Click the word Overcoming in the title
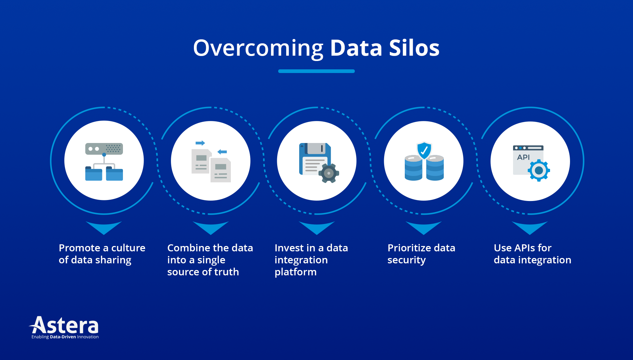click(258, 48)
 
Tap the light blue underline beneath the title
click(316, 71)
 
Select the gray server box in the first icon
click(104, 149)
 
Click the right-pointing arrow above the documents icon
click(200, 143)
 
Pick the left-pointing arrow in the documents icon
click(222, 152)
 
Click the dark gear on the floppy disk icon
click(328, 173)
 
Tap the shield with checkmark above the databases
click(424, 151)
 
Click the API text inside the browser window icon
click(523, 157)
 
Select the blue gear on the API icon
click(539, 170)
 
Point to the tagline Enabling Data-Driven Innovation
click(65, 337)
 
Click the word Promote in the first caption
click(79, 248)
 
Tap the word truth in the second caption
click(226, 272)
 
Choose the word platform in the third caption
click(295, 272)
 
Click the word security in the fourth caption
click(406, 260)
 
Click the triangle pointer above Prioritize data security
click(423, 227)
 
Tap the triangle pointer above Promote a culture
click(104, 227)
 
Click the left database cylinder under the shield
click(413, 168)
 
